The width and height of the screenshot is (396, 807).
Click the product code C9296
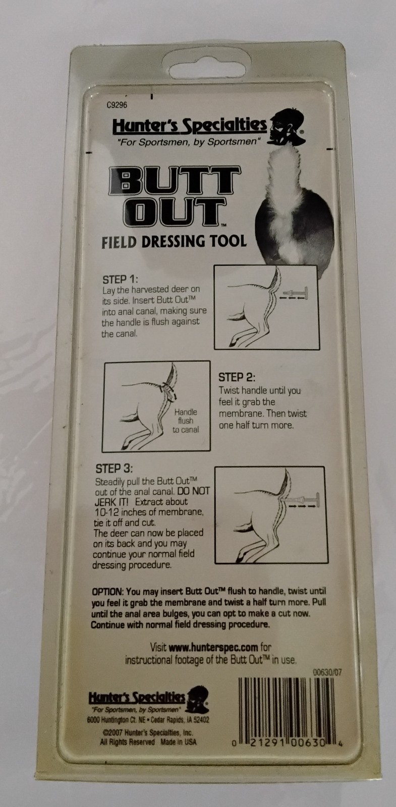click(117, 106)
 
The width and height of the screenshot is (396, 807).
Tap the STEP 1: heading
click(120, 279)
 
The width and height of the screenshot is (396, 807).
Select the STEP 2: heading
click(237, 377)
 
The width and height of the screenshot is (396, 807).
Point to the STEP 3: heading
click(114, 469)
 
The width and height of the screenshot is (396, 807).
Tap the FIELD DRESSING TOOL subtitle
click(174, 241)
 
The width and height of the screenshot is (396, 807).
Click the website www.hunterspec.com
click(213, 647)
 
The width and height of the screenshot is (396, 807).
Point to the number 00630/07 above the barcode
click(327, 672)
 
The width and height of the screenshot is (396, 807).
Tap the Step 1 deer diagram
click(267, 307)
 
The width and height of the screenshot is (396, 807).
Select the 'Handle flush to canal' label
click(186, 421)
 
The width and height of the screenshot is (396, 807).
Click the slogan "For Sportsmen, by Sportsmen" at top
click(188, 142)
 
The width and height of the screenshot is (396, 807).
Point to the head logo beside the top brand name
click(284, 126)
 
